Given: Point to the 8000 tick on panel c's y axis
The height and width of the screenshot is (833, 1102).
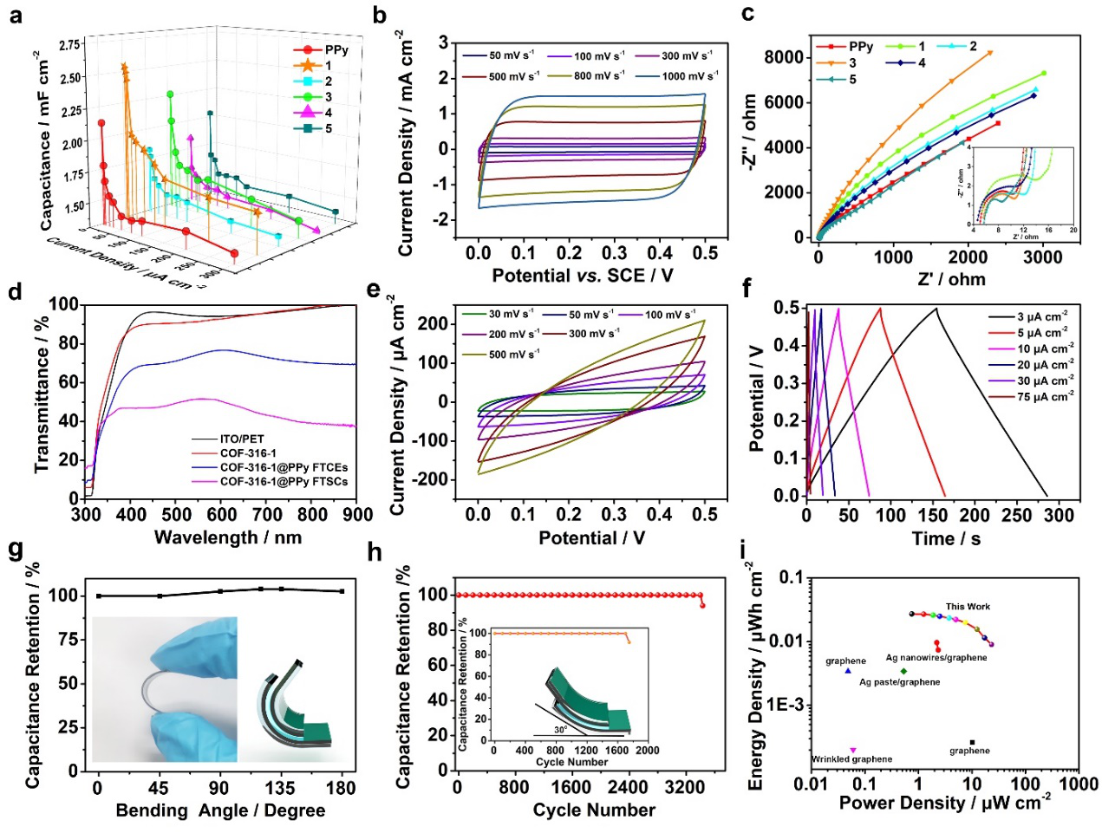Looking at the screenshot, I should click(784, 57).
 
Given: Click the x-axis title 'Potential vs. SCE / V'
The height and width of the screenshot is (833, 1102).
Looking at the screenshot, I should click(582, 276).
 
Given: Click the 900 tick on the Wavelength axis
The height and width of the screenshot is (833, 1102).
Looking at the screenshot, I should click(356, 515).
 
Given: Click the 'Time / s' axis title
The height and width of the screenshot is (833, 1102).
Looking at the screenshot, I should click(946, 538).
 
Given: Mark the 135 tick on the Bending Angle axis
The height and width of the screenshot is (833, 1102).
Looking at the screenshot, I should click(280, 788).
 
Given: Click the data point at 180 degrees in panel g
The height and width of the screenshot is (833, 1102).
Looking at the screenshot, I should click(342, 591).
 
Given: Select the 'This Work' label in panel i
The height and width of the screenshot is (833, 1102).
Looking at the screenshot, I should click(968, 607).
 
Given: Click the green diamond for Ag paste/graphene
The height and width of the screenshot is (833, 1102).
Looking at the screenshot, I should click(903, 671).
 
